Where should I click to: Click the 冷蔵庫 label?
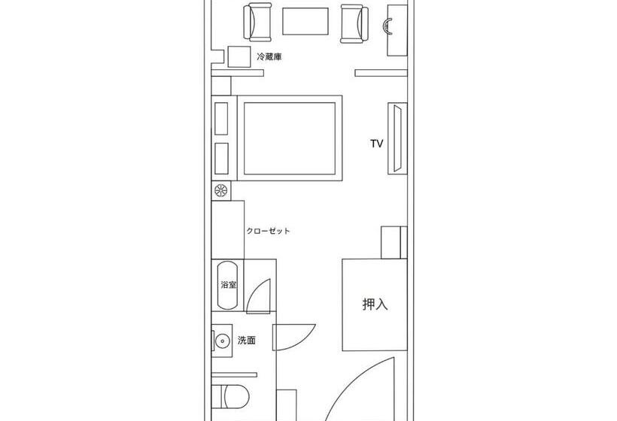(269, 56)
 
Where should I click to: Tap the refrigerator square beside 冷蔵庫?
(239, 56)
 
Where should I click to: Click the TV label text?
(376, 144)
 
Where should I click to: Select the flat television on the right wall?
(397, 138)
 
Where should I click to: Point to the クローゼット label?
(268, 231)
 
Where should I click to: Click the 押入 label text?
(375, 304)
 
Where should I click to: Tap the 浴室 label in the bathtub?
(229, 285)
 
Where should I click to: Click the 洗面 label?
(247, 341)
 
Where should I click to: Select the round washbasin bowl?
(222, 341)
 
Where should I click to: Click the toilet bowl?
(236, 396)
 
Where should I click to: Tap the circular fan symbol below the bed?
(220, 190)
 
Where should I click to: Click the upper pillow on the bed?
(221, 119)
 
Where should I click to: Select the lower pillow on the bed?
(221, 159)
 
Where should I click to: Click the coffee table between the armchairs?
(305, 21)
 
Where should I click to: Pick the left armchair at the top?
(258, 22)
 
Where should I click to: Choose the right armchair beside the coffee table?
(354, 23)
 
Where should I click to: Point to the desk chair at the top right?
(388, 26)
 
